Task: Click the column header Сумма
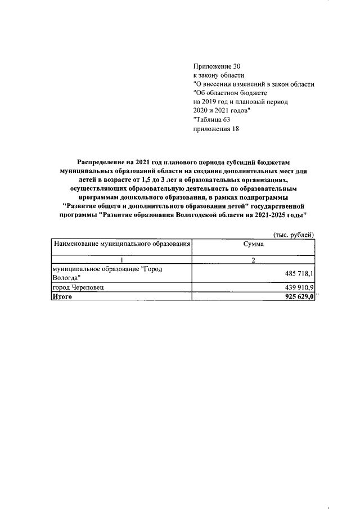253,244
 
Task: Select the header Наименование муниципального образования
121,244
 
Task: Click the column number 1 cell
121,260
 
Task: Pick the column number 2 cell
253,260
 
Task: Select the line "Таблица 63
211,119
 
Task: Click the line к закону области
219,75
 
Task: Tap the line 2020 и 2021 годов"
222,110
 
